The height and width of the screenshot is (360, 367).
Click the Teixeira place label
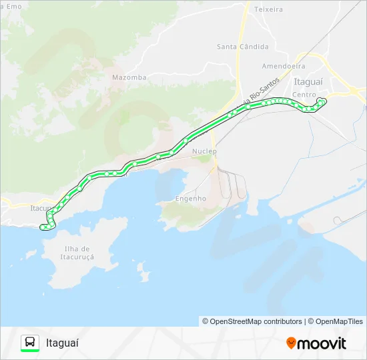(269, 9)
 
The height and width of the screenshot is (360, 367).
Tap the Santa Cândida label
(242, 47)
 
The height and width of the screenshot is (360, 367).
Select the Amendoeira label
(284, 67)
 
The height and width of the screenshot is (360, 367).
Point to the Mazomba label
(129, 77)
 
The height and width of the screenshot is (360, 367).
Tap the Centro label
(304, 95)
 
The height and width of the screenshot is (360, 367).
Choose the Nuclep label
(204, 151)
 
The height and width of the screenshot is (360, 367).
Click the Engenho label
(190, 199)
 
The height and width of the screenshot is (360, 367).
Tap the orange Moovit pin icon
(291, 343)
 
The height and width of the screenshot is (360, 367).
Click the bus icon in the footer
(30, 342)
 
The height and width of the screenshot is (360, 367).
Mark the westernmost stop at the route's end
(43, 227)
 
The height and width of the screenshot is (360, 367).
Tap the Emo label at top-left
(13, 6)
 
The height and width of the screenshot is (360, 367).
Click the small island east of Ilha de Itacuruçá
(143, 271)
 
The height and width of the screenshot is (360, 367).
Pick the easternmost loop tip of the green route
(325, 101)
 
